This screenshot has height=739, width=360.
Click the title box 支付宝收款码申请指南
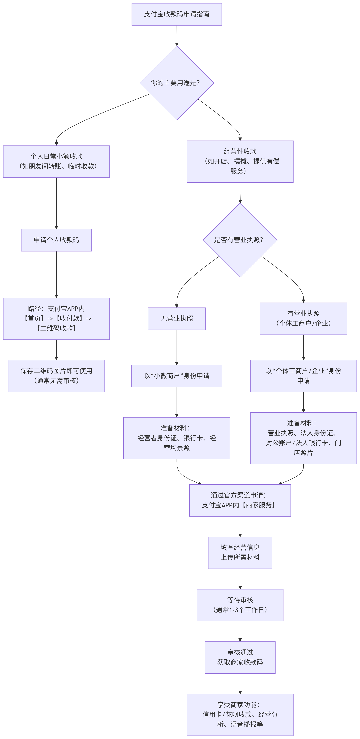point(177,14)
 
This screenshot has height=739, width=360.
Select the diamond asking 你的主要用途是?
point(177,83)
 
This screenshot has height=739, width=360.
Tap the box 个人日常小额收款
point(56,161)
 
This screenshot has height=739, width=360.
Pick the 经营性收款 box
point(240,161)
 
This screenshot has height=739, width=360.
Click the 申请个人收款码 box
point(56,240)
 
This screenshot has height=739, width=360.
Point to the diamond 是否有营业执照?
point(240,240)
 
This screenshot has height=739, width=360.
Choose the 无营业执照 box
point(177,319)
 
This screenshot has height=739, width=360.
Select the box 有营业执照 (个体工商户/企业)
point(304,319)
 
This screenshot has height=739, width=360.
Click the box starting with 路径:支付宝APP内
point(56,319)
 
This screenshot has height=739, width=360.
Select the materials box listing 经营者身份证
point(177,438)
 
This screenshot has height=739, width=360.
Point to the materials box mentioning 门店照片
point(304,438)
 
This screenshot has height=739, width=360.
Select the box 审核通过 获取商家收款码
point(240,658)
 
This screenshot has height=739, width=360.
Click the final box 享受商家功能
point(240,715)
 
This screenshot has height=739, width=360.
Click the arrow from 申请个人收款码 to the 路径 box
point(56,275)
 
